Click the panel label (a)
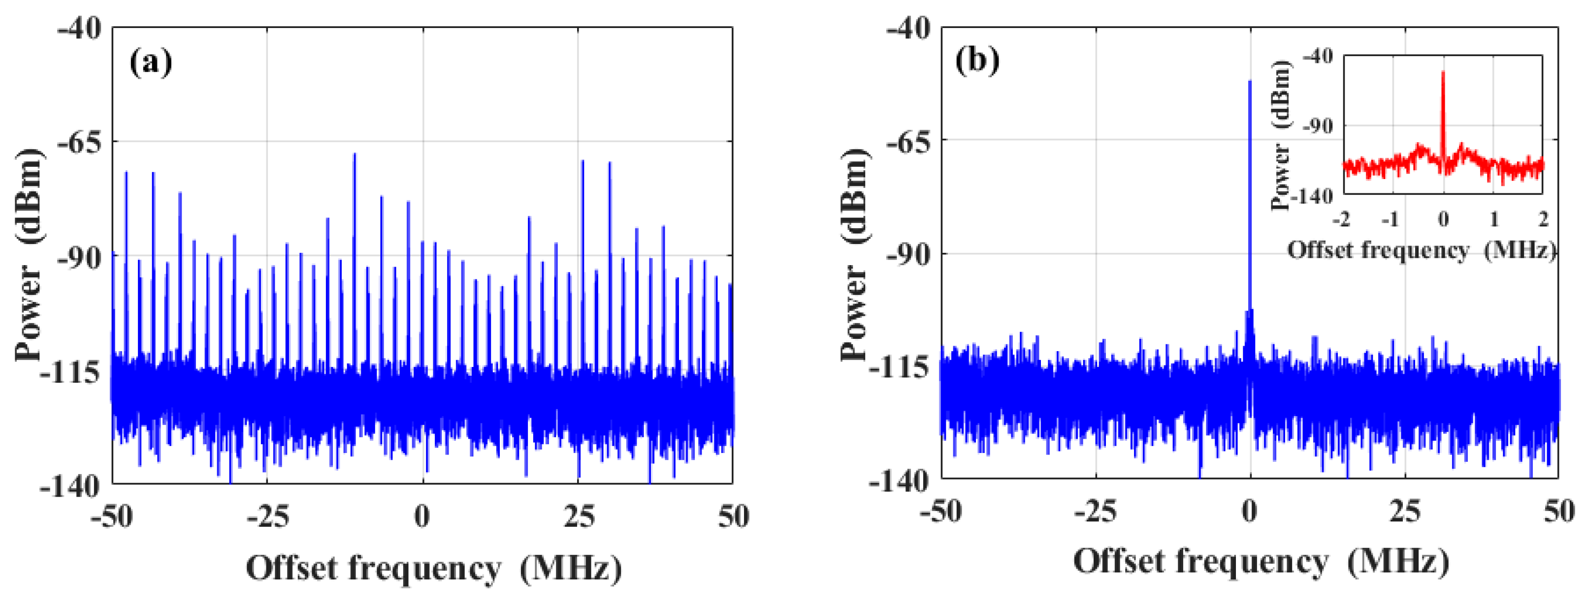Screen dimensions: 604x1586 (150, 63)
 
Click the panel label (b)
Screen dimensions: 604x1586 (977, 61)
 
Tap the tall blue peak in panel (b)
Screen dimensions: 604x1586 (1249, 184)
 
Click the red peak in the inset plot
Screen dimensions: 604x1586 (1443, 111)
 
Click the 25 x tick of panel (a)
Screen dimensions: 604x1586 (579, 516)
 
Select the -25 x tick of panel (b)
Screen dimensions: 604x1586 (1094, 512)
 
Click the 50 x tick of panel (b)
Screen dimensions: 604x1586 (1559, 512)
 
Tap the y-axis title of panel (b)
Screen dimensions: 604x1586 (855, 253)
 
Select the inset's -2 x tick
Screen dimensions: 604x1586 (1342, 219)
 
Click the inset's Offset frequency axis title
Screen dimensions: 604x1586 (1421, 250)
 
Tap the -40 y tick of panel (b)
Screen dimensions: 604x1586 (909, 29)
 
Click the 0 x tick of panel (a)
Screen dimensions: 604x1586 (422, 516)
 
